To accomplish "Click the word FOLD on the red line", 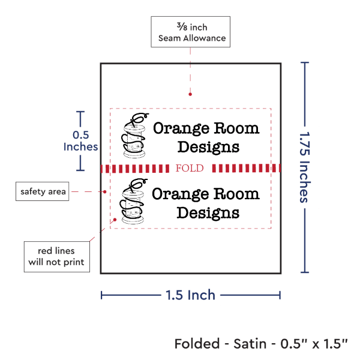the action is pos(190,168).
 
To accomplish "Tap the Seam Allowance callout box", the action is pos(191,32).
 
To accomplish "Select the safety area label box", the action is pos(42,191).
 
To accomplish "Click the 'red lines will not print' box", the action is pos(57,257).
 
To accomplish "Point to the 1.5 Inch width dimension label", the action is pos(191,295).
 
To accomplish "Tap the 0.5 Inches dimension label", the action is pos(80,141).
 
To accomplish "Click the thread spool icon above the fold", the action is pos(135,135).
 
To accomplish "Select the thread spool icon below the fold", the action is pos(133,201).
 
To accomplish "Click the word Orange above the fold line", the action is pos(181,128).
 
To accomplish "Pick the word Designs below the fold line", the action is pos(208,213).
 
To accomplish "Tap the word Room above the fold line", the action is pos(237,128).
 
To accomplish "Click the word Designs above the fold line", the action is pos(208,147).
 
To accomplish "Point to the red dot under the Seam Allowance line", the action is pos(190,94).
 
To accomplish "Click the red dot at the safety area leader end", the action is pos(104,191).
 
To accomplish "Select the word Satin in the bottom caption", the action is pos(250,344).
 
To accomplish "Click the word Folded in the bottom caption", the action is pos(197,344).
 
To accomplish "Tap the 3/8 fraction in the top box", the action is pos(182,26).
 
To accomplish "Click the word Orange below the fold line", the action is pos(181,194).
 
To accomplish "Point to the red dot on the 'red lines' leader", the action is pos(115,220).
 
